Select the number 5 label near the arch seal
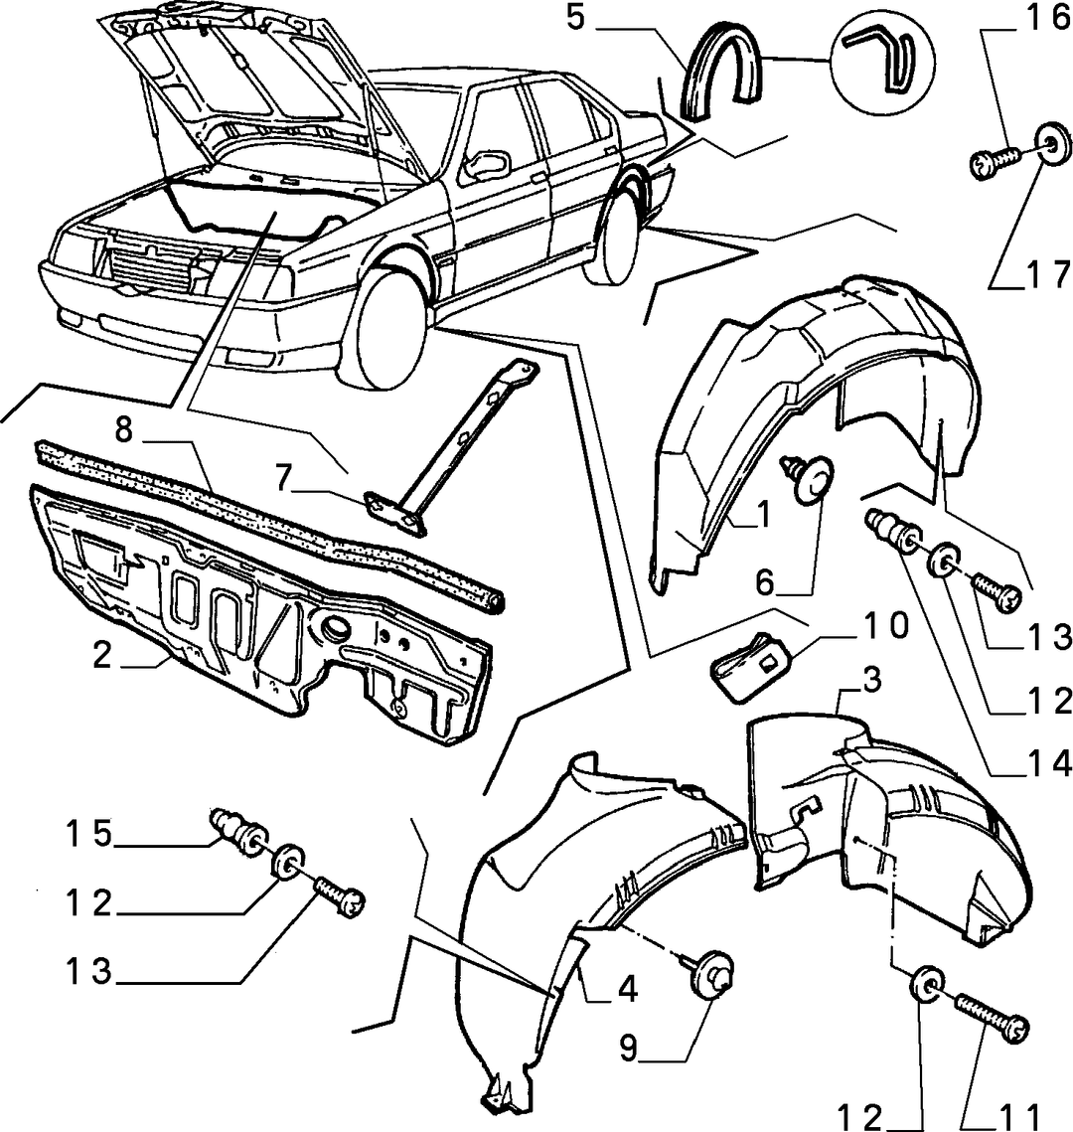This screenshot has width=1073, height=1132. click(575, 18)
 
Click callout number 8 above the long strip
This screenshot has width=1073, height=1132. click(124, 430)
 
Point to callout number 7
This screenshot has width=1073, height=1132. click(283, 479)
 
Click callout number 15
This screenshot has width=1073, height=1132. click(89, 835)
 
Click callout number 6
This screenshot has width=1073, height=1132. click(764, 581)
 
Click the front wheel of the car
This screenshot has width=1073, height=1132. click(389, 326)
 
